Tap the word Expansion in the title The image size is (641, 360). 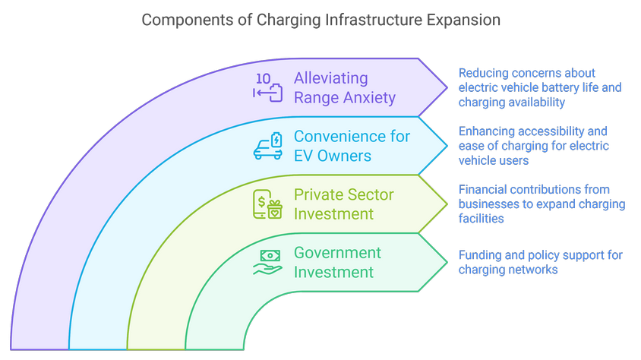click(464, 21)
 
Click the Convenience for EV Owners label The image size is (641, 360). click(352, 146)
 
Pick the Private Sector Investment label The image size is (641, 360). click(344, 204)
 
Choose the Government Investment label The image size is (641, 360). click(337, 262)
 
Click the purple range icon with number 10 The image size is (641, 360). click(267, 87)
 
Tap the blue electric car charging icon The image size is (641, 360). click(267, 146)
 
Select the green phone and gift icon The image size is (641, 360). click(267, 204)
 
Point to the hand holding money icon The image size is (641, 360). click(267, 262)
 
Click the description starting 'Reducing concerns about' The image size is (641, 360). click(539, 87)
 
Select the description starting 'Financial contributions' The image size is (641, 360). click(542, 204)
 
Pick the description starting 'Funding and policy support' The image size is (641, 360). click(540, 262)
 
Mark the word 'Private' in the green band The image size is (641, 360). click(317, 194)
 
